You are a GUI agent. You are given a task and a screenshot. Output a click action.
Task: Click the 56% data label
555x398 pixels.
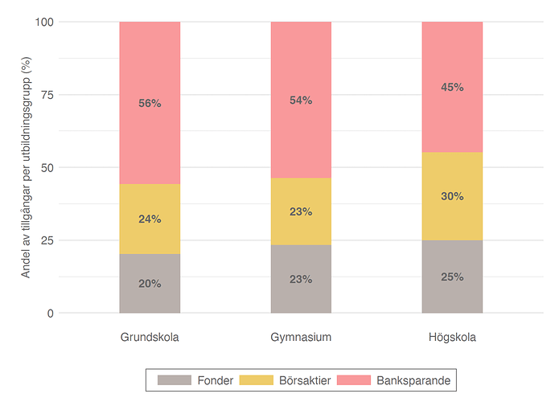(x=150, y=104)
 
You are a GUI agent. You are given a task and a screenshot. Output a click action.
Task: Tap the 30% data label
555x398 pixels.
(x=452, y=196)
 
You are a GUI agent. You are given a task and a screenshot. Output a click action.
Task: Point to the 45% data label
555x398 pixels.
(x=452, y=87)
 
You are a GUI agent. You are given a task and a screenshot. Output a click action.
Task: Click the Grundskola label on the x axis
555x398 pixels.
(x=150, y=337)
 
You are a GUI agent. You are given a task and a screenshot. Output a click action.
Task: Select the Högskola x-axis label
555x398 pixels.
(x=452, y=337)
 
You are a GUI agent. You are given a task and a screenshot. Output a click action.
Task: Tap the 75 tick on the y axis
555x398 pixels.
(x=47, y=95)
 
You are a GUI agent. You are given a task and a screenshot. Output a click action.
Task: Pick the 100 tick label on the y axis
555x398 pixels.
(x=44, y=22)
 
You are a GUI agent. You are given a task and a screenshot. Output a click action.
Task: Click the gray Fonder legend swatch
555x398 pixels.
(x=175, y=380)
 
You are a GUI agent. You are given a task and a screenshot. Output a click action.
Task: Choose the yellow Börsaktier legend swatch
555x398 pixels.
(x=254, y=380)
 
